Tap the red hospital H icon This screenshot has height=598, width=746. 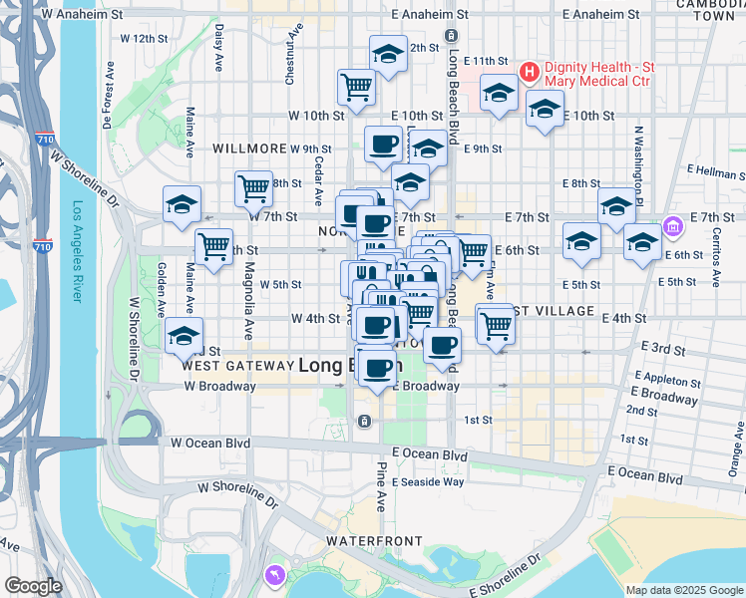[529, 72]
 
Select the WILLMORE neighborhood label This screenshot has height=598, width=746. [249, 149]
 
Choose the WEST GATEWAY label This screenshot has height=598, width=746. [235, 366]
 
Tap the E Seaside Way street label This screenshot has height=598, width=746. [428, 482]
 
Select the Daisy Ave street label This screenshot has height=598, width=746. [218, 49]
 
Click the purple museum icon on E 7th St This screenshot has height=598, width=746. [674, 227]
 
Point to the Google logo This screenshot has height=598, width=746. [34, 586]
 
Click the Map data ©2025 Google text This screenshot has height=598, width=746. [683, 590]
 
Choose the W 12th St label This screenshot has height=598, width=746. [144, 38]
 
